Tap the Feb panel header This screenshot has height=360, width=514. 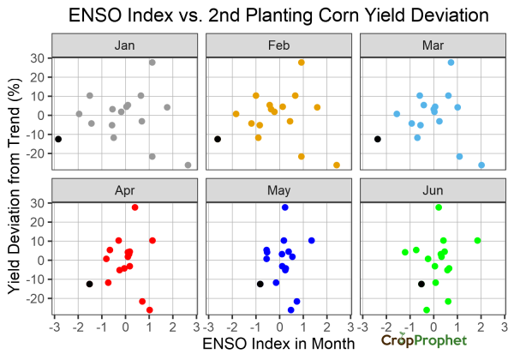tap(278, 44)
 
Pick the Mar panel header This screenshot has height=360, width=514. tap(432, 44)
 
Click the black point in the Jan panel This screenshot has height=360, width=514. tap(58, 139)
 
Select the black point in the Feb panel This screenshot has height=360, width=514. tap(218, 139)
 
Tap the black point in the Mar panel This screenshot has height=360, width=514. tap(378, 139)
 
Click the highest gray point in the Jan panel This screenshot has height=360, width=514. tap(152, 63)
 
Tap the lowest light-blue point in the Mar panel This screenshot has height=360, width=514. tap(481, 165)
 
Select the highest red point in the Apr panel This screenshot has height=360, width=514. tap(135, 207)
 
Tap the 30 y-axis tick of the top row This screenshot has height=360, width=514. tap(38, 58)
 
